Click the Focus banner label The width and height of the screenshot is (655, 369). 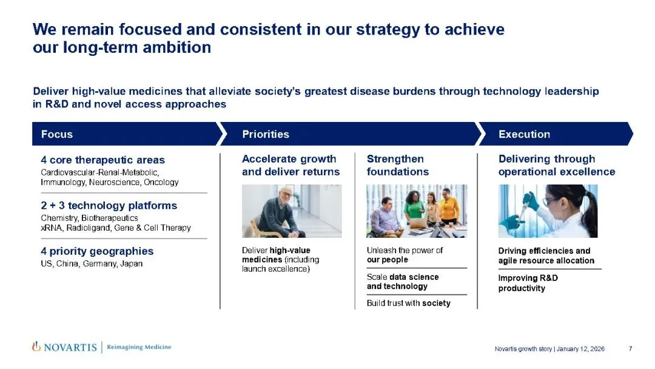(x=57, y=134)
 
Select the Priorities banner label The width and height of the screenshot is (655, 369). (x=266, y=134)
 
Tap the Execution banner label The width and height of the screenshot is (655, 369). (x=524, y=134)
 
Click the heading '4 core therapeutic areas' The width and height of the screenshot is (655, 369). (x=102, y=160)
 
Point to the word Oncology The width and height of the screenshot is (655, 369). (x=161, y=182)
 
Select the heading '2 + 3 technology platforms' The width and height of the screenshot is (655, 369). (x=109, y=205)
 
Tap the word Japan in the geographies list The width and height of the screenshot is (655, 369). (x=132, y=263)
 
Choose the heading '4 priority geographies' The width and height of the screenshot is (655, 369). (x=97, y=251)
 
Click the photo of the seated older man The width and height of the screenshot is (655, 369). (x=292, y=211)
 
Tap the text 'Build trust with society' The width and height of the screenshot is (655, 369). (x=409, y=303)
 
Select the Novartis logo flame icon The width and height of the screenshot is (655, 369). (x=36, y=347)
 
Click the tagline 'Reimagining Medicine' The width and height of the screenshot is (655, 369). (x=139, y=347)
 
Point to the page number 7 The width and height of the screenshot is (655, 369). (x=630, y=348)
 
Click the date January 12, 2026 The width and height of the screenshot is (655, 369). (x=580, y=348)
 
